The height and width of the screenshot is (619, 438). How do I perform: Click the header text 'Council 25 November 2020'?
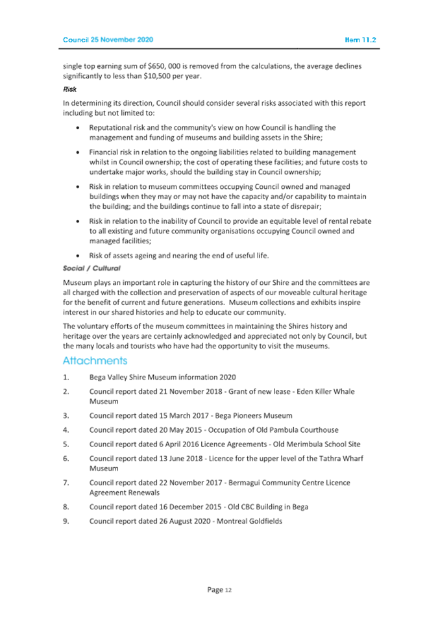click(x=108, y=40)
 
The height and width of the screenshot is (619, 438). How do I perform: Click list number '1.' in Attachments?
click(x=66, y=378)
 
